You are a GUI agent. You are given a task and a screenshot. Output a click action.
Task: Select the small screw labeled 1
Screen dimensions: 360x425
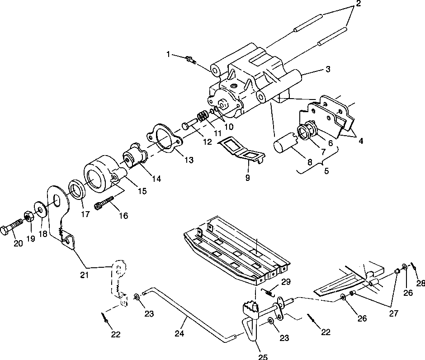(190, 59)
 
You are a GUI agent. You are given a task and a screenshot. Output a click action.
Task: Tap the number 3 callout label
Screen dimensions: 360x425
(328, 69)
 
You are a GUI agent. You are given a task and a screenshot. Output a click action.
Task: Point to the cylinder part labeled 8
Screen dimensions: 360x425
(283, 148)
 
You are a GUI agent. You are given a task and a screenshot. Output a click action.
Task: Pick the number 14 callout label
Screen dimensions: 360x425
(156, 179)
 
